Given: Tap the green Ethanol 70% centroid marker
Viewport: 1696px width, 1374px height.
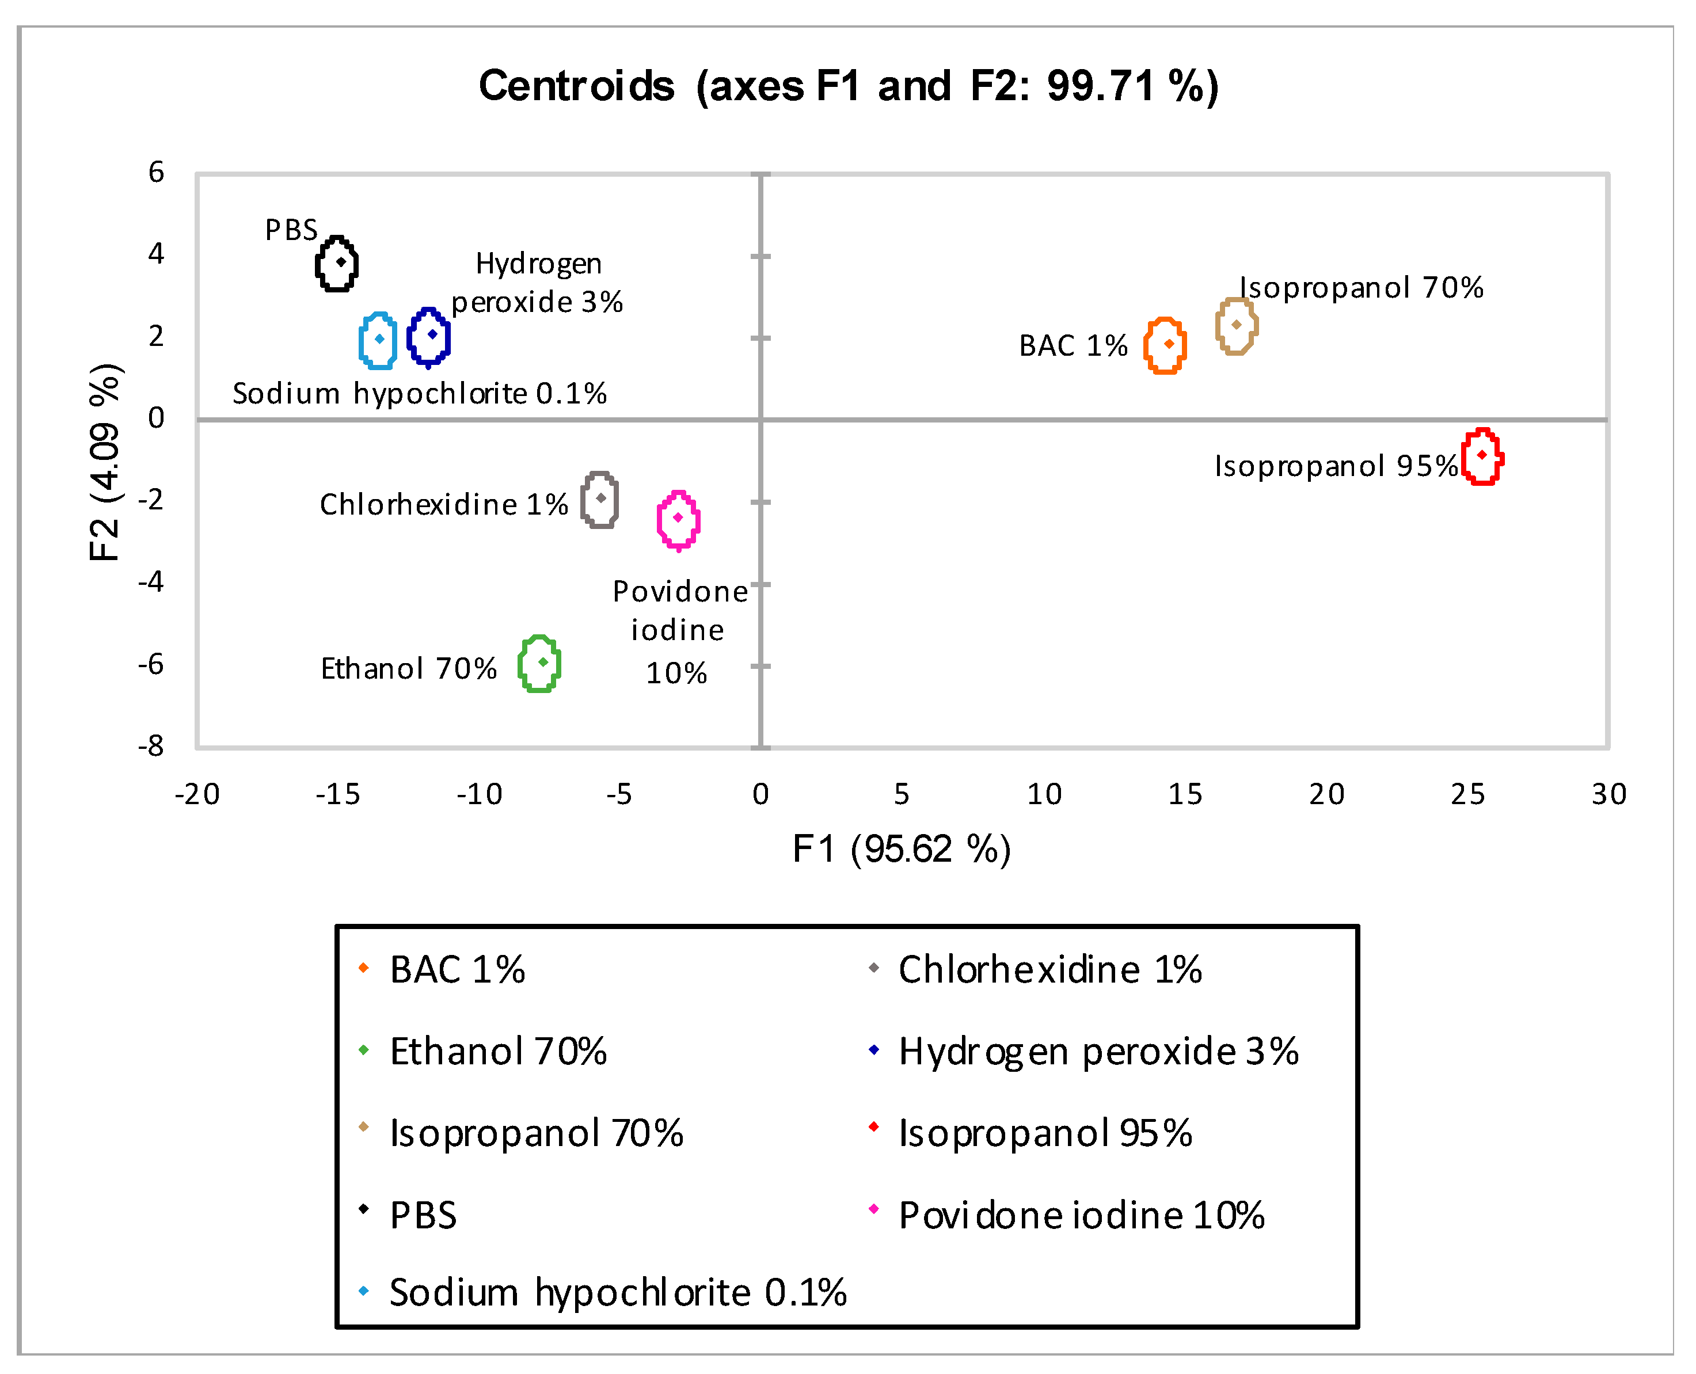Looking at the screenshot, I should pos(543,662).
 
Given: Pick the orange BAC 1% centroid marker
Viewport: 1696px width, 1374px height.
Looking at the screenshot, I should pos(1169,344).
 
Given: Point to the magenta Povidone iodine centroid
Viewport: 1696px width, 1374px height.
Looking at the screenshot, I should pos(678,517).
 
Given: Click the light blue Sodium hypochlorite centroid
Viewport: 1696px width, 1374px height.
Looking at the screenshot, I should pos(379,338).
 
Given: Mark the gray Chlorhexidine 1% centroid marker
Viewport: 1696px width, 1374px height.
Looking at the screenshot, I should pos(600,498).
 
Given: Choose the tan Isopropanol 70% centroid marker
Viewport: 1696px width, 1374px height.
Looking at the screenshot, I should pos(1236,325).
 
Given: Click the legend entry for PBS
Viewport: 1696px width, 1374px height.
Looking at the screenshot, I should pos(423,1215).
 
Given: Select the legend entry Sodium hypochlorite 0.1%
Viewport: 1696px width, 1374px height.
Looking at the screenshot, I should pos(617,1292).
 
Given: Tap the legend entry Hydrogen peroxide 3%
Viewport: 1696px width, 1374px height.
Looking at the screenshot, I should pos(1098,1052).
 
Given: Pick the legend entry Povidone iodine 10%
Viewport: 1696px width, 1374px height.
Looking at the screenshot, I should pos(1081,1215).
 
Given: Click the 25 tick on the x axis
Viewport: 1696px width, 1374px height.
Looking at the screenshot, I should pos(1467,794).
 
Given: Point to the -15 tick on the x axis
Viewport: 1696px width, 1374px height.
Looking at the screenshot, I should pos(338,794).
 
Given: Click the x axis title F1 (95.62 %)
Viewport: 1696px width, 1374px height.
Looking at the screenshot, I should pos(902,849).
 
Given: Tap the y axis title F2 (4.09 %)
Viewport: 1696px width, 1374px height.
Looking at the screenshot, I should pos(105,462).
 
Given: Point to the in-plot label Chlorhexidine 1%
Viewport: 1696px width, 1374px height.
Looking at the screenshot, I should pos(443,504).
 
